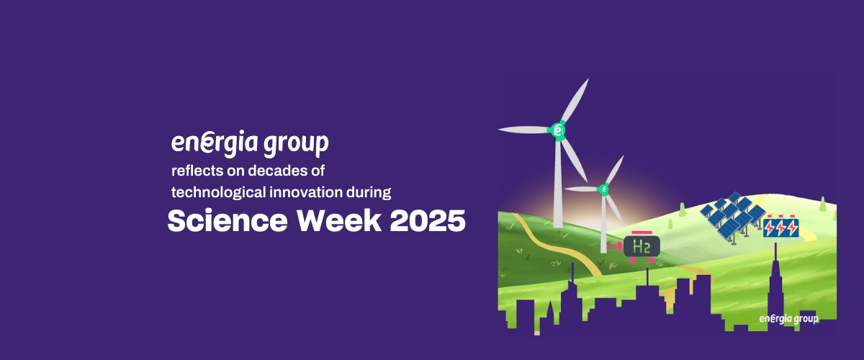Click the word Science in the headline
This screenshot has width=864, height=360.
click(228, 221)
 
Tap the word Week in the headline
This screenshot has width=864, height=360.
click(339, 221)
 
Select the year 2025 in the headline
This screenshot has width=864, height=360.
click(428, 221)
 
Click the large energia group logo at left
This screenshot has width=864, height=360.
click(250, 144)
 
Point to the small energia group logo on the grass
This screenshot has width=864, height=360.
click(788, 319)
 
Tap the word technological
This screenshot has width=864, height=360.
click(218, 192)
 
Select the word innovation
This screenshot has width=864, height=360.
click(306, 192)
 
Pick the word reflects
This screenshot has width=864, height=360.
click(197, 171)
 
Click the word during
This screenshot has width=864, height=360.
click(369, 192)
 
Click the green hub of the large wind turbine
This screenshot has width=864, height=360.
click(557, 130)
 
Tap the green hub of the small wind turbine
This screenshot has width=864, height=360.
click(603, 189)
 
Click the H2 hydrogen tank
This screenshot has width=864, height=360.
click(642, 247)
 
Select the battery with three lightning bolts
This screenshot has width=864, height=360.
click(780, 228)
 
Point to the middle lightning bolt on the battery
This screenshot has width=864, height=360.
click(780, 228)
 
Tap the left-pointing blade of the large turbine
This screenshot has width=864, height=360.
click(524, 130)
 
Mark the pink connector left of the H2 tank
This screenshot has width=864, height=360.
click(615, 246)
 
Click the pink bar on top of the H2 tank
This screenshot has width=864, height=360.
click(642, 233)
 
